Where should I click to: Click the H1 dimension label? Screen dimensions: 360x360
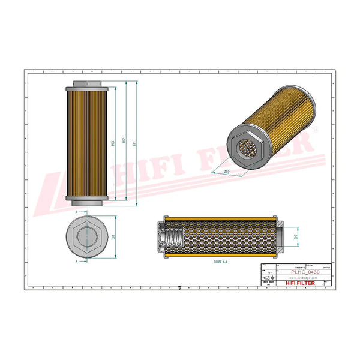click(134, 143)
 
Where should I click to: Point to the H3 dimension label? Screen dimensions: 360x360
click(113, 143)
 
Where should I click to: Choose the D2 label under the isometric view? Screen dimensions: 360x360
click(227, 172)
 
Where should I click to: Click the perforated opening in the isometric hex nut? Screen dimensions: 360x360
click(247, 149)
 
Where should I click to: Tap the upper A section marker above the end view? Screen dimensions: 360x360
click(77, 212)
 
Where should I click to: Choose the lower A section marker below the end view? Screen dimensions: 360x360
click(77, 262)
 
